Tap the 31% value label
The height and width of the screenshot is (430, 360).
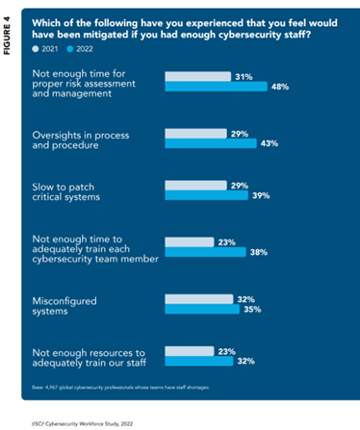[243, 76]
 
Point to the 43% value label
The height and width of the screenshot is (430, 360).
[270, 143]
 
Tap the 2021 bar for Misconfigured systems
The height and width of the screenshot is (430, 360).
[200, 299]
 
